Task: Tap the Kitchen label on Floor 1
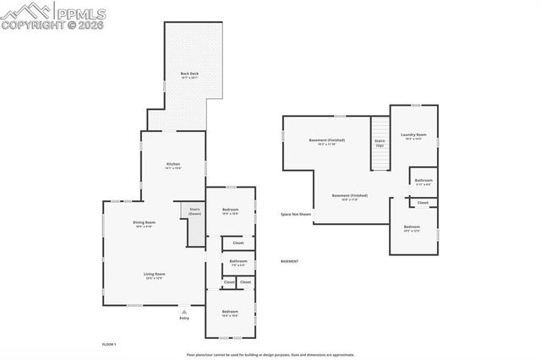point(172,165)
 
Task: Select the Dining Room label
point(145,224)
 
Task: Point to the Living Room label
point(153,275)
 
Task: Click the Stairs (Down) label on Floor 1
point(194,211)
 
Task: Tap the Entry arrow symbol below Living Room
point(184,311)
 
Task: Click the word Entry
point(184,318)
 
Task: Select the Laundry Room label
point(413,136)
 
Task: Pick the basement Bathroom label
point(424,181)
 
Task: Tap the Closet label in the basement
point(423,203)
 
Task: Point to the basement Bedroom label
point(412,227)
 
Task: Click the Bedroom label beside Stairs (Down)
point(230,210)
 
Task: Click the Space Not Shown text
point(296,215)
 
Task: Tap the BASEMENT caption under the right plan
point(291,262)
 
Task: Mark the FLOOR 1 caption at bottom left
point(108,345)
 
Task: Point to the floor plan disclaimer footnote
point(270,355)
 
